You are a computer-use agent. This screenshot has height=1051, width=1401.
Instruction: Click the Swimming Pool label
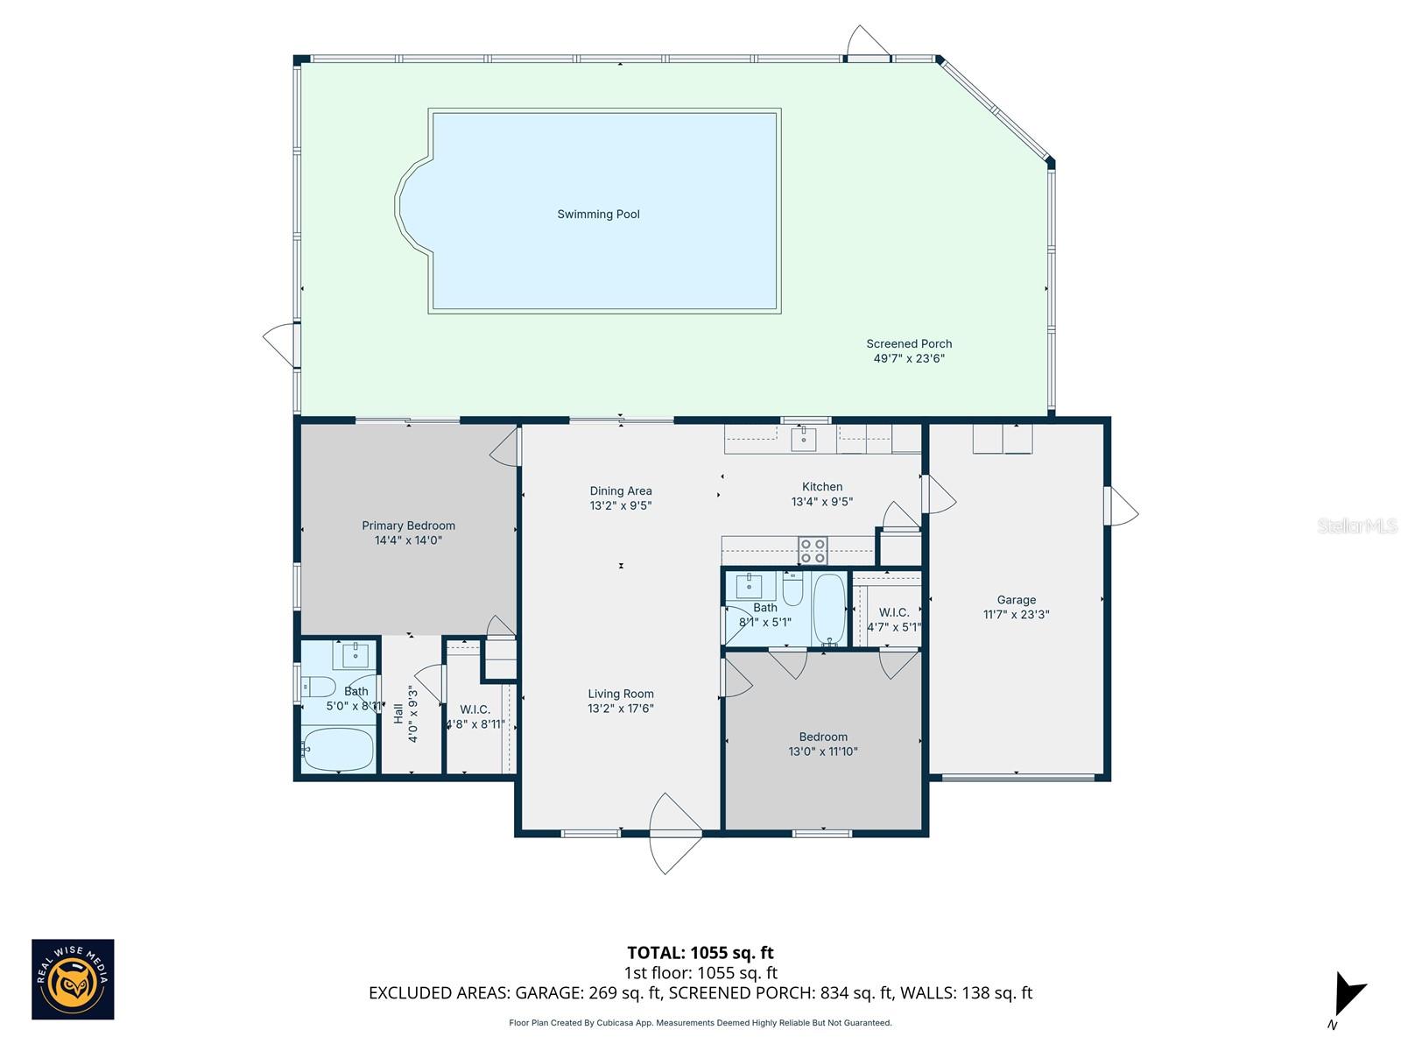click(598, 215)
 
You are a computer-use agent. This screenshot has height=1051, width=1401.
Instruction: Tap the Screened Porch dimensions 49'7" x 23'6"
click(909, 358)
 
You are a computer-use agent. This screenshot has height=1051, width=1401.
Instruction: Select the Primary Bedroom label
click(408, 525)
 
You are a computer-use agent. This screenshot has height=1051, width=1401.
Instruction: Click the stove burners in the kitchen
click(813, 551)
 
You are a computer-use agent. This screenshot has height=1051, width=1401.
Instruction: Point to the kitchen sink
click(804, 439)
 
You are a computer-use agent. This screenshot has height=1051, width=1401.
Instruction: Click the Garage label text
click(1016, 600)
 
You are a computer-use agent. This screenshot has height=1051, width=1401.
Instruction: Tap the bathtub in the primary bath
click(338, 750)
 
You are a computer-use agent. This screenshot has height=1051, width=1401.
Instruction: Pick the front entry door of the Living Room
click(674, 832)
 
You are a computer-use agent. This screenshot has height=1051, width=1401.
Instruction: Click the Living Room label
click(620, 694)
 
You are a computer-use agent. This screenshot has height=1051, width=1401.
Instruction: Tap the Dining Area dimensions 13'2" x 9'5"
click(620, 505)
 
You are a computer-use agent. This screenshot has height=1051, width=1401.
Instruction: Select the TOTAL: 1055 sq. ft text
click(700, 953)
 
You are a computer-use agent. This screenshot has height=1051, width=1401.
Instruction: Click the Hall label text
click(399, 714)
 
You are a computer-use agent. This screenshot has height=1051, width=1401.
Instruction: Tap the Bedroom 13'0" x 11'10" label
click(823, 744)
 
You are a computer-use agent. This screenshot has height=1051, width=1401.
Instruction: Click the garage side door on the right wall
click(1121, 506)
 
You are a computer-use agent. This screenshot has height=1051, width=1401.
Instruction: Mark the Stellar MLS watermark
click(1356, 526)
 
